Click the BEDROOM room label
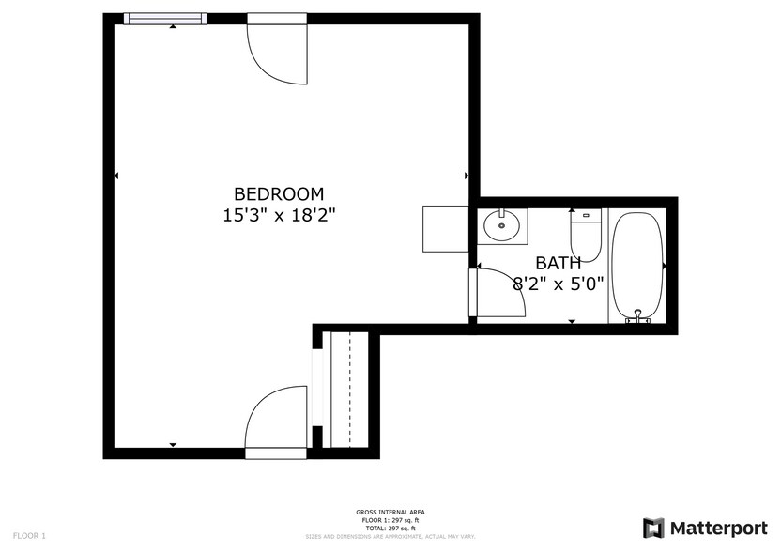coord(279,193)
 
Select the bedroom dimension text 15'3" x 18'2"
coord(279,215)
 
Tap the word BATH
coord(558,263)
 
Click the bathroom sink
coord(502,225)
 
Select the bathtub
coord(638,267)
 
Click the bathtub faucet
coord(638,316)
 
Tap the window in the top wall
coord(165,18)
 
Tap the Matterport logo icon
coord(653,528)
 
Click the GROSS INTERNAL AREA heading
coord(390,512)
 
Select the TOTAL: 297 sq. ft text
coord(390,529)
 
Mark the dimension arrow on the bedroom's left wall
coord(116,176)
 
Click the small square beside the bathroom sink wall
coord(444,228)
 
